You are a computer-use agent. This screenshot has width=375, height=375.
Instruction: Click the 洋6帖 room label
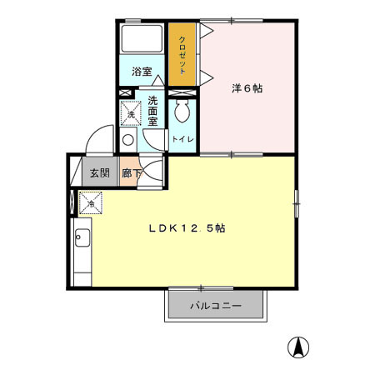click(246, 87)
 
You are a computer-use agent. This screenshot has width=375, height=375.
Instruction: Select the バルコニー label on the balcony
click(215, 306)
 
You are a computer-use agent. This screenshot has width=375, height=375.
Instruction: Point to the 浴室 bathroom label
click(142, 72)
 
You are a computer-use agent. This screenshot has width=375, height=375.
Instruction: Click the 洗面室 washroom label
click(153, 112)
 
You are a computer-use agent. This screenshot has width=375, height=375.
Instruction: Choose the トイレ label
click(182, 139)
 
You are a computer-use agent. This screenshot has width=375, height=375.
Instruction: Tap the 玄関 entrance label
click(100, 173)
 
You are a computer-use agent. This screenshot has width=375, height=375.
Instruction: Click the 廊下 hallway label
click(131, 173)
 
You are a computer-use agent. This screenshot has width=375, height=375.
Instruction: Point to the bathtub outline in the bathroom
click(142, 40)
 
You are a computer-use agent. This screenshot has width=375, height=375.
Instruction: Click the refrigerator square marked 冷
click(90, 201)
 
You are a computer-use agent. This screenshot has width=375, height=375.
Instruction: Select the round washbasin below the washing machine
click(129, 139)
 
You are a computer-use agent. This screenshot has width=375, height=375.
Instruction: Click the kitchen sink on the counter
click(82, 241)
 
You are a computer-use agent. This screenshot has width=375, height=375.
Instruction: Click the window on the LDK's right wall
click(296, 199)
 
